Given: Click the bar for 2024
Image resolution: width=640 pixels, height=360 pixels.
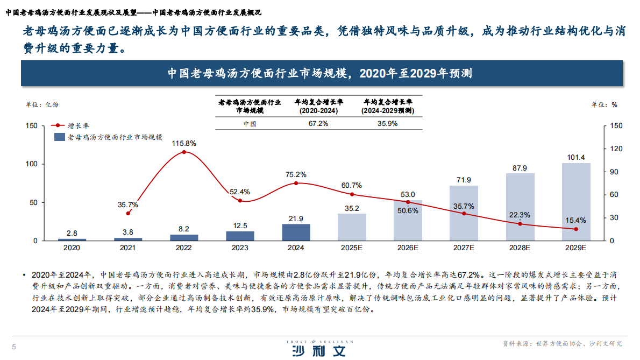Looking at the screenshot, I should coord(296,232).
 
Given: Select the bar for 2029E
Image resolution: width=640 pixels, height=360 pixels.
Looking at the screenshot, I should coord(576,202).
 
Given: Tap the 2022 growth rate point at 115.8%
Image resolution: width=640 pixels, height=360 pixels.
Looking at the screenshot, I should coord(184,152).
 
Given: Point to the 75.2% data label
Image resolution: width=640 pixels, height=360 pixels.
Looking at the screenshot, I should coord(296,174).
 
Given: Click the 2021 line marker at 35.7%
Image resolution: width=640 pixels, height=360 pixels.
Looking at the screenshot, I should coord(128,214).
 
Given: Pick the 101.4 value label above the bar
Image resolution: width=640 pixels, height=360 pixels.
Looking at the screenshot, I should coord(576,157).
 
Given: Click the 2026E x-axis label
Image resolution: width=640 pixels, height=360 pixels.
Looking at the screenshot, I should coord(408,248).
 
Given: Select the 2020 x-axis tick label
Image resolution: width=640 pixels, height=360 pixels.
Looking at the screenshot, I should coord(72,248).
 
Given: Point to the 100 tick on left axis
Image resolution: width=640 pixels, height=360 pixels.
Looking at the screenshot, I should coord(32,164).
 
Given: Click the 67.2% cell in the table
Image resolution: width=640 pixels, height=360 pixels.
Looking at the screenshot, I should coord(318,123).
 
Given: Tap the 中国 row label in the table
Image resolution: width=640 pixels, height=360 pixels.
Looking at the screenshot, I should coord(249,123).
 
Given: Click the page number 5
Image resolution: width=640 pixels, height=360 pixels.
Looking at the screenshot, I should coord(14,347).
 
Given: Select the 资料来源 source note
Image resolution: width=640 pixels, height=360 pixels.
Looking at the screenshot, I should coord(561,343).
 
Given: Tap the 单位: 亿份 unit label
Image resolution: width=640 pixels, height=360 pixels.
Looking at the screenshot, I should coord(42,104).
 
